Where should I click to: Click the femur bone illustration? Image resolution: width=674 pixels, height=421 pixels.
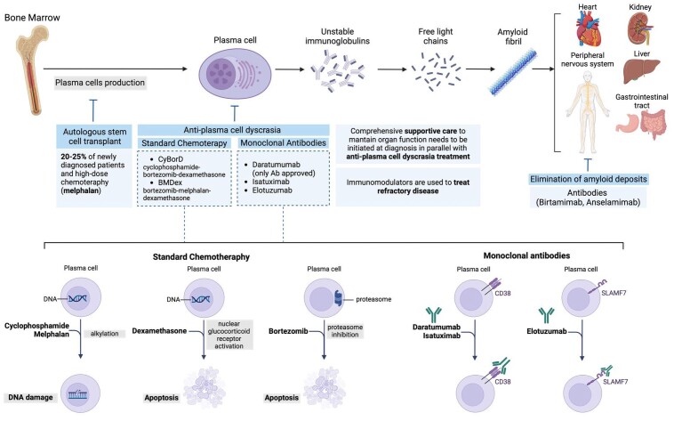[32, 69]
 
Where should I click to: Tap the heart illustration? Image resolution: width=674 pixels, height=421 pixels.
[588, 28]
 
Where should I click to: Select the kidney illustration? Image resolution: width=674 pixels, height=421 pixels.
[638, 28]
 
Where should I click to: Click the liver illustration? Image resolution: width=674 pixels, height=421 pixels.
[641, 71]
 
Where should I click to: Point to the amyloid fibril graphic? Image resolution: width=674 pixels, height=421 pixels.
[513, 72]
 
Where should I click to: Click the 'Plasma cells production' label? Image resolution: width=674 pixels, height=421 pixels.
[100, 83]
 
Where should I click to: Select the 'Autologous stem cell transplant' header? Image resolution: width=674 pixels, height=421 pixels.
[94, 136]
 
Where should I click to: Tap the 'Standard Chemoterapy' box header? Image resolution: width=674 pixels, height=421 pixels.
[184, 143]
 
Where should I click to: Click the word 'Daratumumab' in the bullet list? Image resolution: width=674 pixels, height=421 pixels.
[276, 165]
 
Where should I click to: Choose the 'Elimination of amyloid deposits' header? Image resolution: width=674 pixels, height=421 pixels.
[588, 179]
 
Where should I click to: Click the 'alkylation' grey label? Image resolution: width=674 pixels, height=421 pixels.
[104, 334]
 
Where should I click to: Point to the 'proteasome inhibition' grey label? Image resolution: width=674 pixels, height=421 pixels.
[345, 330]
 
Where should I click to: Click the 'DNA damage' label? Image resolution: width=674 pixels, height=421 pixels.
[30, 397]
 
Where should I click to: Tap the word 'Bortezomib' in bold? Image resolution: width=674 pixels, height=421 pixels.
[288, 331]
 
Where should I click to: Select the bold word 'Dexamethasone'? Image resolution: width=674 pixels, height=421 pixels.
[159, 331]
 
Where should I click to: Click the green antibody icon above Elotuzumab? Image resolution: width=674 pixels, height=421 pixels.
[546, 316]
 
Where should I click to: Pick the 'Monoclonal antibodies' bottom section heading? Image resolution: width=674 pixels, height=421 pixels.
[526, 255]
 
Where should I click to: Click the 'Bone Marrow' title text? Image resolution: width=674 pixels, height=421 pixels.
[32, 18]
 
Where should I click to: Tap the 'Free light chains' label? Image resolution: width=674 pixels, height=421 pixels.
[436, 36]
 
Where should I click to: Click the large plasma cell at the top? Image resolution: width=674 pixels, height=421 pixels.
[235, 73]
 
